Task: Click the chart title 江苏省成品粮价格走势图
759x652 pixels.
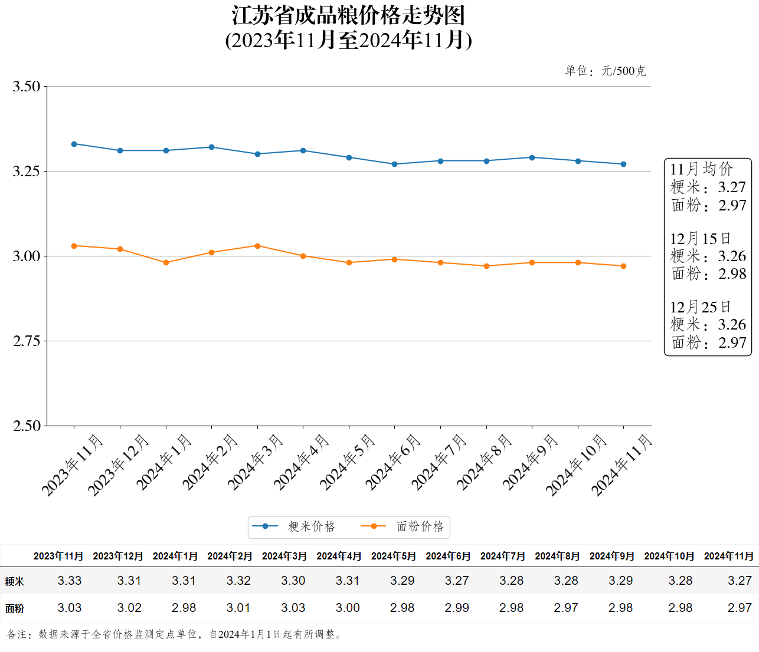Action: point(348,15)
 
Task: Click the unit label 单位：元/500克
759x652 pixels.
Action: point(605,71)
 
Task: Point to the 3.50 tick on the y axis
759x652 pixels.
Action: point(27,87)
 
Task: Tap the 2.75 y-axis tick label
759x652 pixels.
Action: point(27,341)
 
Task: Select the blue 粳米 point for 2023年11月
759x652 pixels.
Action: point(74,144)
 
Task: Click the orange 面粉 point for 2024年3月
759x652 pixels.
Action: point(257,246)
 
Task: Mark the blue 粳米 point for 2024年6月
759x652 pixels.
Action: point(395,164)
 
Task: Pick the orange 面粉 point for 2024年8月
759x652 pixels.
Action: point(486,266)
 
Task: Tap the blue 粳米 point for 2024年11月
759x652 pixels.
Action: point(624,164)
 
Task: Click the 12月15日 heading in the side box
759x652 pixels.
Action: point(700,239)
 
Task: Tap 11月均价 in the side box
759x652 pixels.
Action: point(701,169)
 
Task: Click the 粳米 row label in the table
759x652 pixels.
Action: point(15,581)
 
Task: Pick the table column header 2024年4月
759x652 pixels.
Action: point(339,556)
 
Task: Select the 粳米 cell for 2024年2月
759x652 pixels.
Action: point(238,581)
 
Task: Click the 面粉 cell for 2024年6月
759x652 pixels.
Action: point(457,608)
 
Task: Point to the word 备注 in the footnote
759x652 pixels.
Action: point(17,634)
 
